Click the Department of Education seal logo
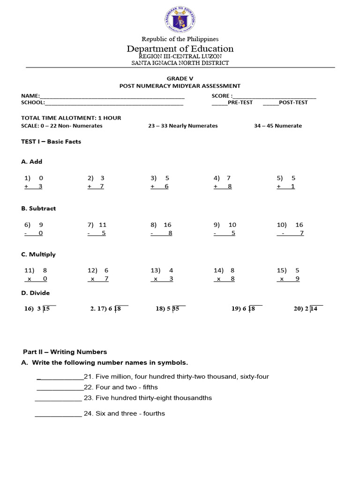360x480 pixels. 180,20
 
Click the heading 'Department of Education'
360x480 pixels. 180,49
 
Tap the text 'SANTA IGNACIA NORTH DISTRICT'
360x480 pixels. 180,63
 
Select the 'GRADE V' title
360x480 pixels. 180,78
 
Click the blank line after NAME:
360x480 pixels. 112,96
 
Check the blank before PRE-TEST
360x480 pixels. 219,103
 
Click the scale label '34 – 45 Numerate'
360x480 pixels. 278,126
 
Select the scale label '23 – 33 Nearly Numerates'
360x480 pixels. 183,126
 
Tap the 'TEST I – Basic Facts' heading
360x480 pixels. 51,142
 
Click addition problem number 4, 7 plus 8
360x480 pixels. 223,182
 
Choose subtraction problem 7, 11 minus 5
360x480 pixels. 97,229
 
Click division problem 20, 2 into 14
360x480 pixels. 308,308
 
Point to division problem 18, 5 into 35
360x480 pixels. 171,308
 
